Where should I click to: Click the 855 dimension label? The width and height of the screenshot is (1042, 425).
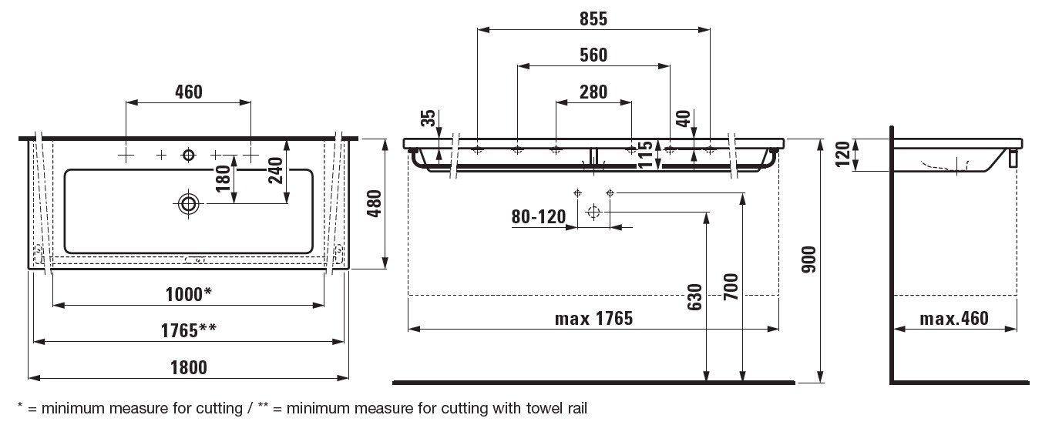(x=593, y=20)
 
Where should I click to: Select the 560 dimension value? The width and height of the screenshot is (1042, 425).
(x=593, y=55)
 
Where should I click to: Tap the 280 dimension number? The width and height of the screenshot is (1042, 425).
(x=593, y=92)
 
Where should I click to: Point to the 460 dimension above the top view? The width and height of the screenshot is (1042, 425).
(x=188, y=92)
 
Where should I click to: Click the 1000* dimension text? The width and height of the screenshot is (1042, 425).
(x=188, y=294)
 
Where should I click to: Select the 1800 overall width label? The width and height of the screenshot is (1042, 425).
(x=188, y=367)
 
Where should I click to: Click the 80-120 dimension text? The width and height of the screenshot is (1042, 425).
(x=539, y=217)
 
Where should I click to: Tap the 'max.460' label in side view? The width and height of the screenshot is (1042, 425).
(x=954, y=318)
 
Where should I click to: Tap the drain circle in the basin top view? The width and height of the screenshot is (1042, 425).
(x=188, y=203)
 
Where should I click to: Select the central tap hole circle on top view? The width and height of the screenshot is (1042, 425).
(x=188, y=156)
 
